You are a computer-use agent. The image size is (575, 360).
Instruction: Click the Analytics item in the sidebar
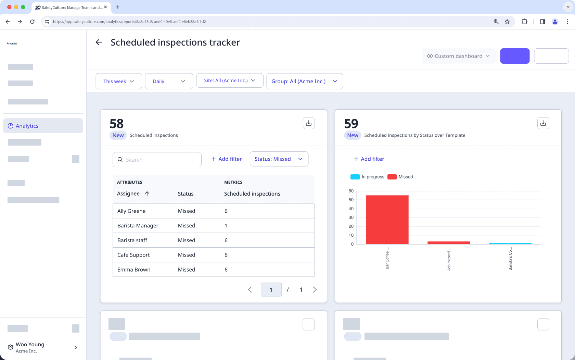click(27, 126)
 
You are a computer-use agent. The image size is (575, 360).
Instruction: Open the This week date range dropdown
click(118, 81)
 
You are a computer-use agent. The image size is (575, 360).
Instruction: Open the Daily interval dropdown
click(169, 81)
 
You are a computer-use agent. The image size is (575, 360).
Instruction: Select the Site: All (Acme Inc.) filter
click(230, 80)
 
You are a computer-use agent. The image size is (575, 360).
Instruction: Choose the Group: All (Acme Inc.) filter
click(304, 81)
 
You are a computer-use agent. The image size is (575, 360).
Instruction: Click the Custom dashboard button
click(458, 56)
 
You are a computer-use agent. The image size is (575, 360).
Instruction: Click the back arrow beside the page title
click(99, 42)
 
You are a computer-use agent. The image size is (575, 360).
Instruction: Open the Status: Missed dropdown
click(279, 159)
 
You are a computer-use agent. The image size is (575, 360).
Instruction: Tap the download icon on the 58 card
click(308, 123)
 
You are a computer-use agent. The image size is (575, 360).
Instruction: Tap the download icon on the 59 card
click(543, 123)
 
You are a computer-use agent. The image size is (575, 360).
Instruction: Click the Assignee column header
click(129, 194)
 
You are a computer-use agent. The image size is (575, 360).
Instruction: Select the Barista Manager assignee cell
click(138, 225)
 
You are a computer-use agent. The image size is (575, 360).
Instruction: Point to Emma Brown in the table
click(134, 270)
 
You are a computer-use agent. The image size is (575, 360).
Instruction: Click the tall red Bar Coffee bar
click(387, 220)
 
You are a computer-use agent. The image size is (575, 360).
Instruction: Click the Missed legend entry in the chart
click(401, 177)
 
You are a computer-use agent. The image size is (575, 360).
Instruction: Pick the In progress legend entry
click(368, 177)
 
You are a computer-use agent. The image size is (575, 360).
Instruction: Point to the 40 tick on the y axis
click(351, 209)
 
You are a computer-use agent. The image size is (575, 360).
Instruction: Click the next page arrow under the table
click(315, 290)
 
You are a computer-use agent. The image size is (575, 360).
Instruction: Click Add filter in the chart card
click(369, 159)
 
